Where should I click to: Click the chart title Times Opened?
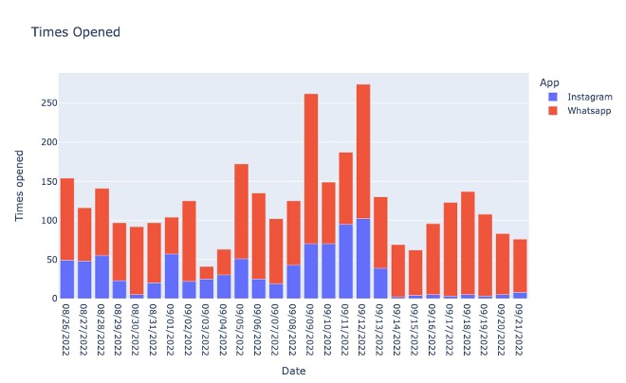click(x=76, y=32)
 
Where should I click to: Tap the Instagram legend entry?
click(x=589, y=97)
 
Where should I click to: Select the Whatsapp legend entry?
click(x=590, y=111)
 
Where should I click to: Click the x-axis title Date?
click(x=293, y=371)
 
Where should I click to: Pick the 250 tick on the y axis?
click(x=46, y=102)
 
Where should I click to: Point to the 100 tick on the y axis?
click(x=46, y=221)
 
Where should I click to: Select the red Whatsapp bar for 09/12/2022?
click(x=363, y=152)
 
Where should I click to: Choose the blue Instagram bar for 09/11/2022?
click(x=345, y=262)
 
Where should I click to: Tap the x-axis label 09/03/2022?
click(x=207, y=328)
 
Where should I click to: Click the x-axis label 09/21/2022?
click(x=520, y=328)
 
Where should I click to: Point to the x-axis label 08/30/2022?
click(x=137, y=328)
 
